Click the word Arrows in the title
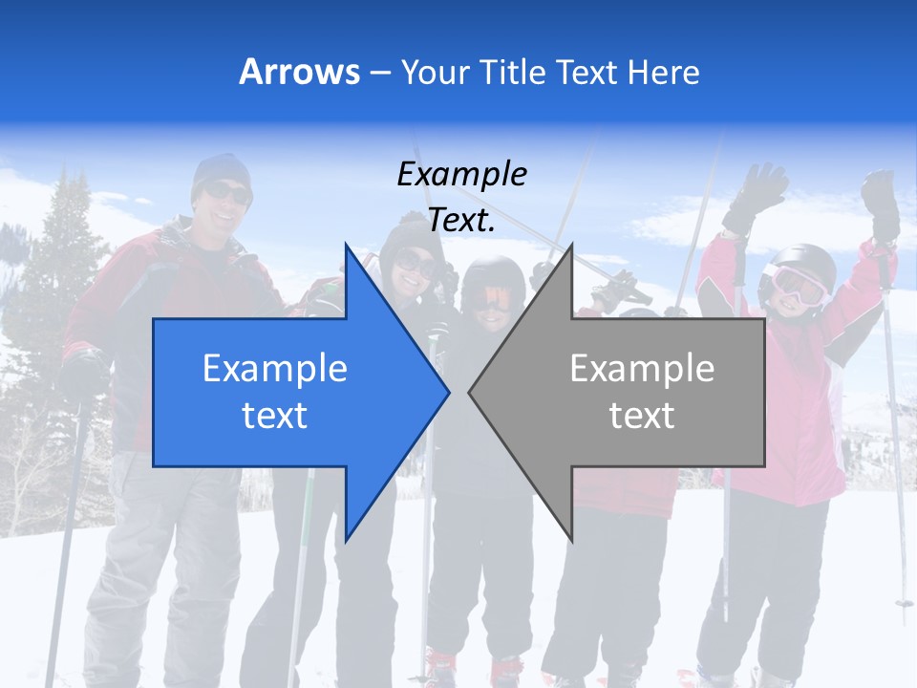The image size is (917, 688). (x=299, y=72)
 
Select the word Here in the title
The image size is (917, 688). (x=664, y=72)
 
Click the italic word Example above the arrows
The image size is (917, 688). (x=461, y=175)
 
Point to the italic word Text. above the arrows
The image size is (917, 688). (x=461, y=221)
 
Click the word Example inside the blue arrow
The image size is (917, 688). (x=275, y=369)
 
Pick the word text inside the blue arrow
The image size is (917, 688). (x=275, y=416)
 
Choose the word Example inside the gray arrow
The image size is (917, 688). (x=642, y=369)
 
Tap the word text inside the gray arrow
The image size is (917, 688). (x=642, y=416)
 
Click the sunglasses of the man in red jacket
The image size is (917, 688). (x=228, y=194)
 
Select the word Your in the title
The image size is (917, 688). (x=436, y=72)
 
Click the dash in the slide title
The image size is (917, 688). (x=379, y=73)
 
